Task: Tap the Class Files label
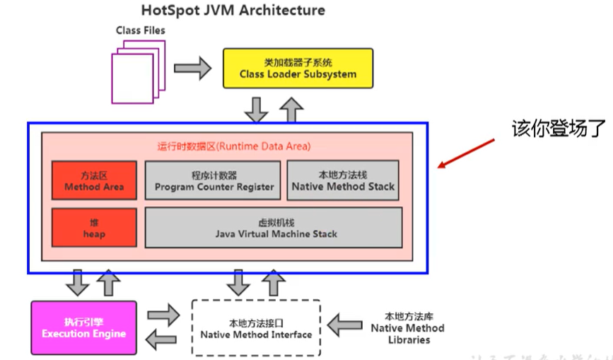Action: (x=141, y=30)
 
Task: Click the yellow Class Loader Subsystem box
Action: (x=298, y=69)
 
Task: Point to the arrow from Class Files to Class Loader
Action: (x=192, y=69)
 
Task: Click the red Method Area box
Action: (x=94, y=181)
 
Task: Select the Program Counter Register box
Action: (x=214, y=181)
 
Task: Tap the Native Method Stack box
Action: (x=343, y=181)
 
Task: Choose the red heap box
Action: (x=94, y=228)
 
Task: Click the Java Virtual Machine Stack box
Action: (x=274, y=228)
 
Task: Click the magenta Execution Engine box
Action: (x=83, y=328)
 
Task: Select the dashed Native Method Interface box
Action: (x=256, y=328)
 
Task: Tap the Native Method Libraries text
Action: (x=407, y=328)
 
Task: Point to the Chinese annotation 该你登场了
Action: (x=557, y=129)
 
